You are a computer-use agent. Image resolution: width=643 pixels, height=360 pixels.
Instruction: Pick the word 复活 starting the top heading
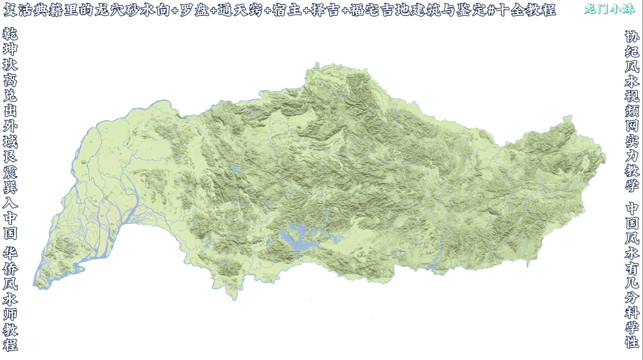tap(17, 10)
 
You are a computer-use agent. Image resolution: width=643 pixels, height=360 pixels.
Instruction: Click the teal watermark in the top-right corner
tap(609, 9)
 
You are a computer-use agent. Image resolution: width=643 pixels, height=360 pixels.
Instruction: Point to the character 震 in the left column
tap(10, 172)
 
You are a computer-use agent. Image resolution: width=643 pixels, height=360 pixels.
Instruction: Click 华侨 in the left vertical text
tap(10, 261)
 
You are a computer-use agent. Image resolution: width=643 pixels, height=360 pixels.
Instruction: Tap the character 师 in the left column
tap(10, 314)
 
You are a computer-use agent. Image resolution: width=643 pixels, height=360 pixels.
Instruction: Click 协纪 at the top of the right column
tap(632, 44)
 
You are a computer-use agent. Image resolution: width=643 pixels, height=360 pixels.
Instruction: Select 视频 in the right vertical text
tap(632, 103)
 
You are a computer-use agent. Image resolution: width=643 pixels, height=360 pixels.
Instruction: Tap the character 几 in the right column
tap(632, 282)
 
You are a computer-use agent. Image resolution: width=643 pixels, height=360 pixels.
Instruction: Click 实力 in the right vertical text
tap(632, 148)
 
